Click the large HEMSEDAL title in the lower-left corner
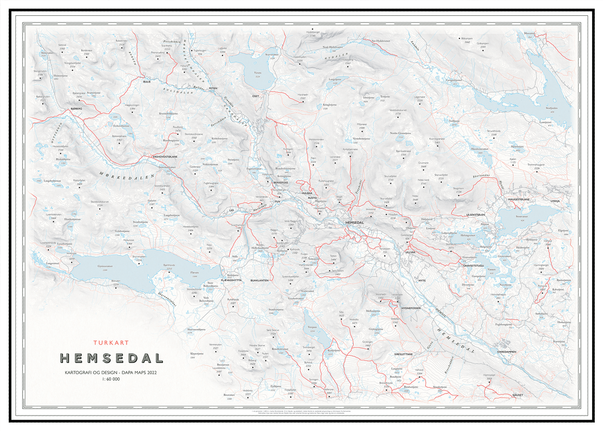pos(111,358)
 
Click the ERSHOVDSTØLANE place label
pos(166,156)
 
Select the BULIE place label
pos(147,82)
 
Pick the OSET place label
pos(255,96)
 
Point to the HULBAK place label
pos(306,194)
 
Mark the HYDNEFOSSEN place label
pos(410,308)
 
